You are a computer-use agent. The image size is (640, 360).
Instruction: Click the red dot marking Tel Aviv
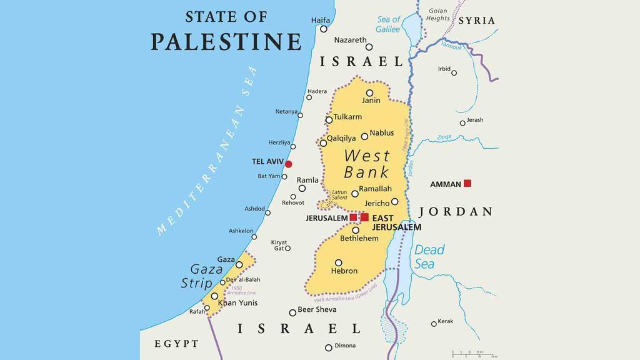coord(288,164)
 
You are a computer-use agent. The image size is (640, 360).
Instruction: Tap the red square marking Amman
coord(467,183)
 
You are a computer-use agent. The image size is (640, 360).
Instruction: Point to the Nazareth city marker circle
coord(369,47)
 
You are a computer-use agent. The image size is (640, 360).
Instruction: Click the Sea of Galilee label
coord(388,24)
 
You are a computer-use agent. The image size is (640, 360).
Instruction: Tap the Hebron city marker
coord(338,262)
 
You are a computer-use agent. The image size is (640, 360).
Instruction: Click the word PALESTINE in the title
coord(226,41)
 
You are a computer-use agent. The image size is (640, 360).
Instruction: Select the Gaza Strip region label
coord(202,276)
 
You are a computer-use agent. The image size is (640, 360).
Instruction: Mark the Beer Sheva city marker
coord(292,312)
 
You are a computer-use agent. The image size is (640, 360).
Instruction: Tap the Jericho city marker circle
coord(394,202)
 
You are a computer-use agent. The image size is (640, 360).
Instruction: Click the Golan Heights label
coord(437,14)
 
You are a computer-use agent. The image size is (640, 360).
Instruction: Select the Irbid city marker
coord(454,73)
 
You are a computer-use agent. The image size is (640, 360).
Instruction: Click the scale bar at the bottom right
coord(474,355)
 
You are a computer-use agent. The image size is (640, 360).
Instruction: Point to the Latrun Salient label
coord(339,194)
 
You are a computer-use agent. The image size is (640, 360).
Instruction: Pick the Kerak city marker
coord(434,324)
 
